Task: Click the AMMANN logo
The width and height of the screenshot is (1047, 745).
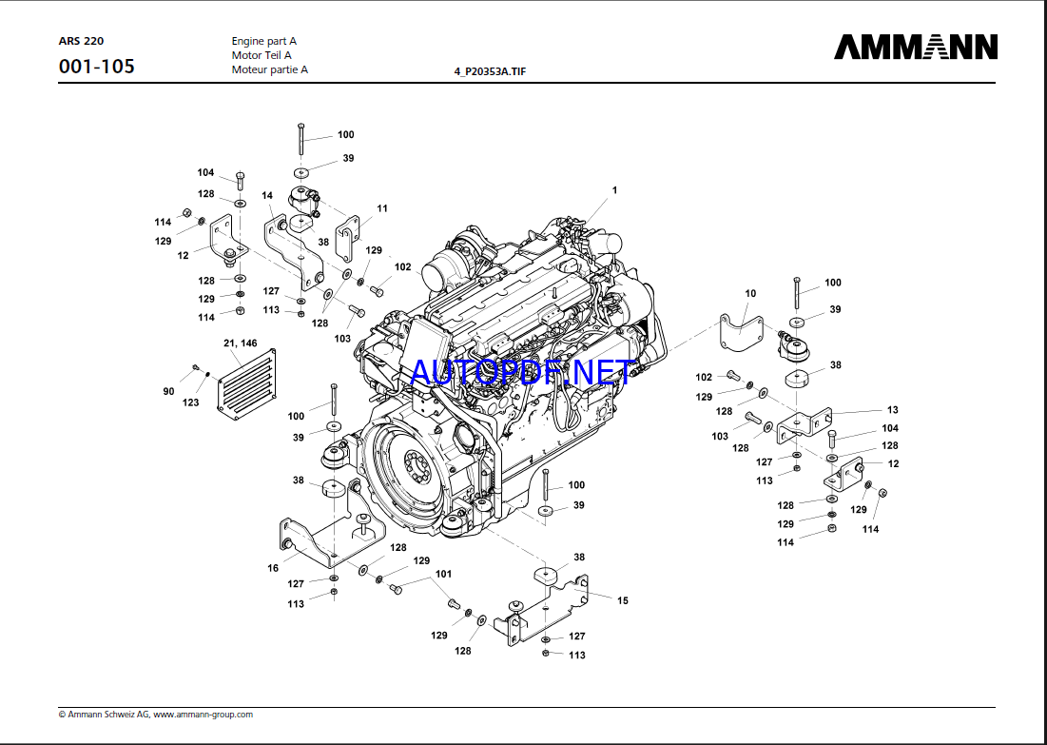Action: pos(916,47)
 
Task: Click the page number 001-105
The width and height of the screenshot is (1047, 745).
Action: pos(96,67)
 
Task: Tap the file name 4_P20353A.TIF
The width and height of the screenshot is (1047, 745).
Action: pos(490,72)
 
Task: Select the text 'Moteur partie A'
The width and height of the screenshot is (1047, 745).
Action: pos(269,69)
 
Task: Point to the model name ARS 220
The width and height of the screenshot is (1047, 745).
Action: pos(81,41)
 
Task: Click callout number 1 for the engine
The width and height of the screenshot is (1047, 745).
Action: pos(614,190)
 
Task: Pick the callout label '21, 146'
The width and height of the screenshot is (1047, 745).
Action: pos(240,343)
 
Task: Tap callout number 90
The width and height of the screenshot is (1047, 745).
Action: pos(168,391)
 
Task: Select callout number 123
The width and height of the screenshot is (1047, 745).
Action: pos(191,403)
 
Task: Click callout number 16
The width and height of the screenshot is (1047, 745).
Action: pos(273,568)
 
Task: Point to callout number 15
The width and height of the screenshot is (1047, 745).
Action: pos(623,600)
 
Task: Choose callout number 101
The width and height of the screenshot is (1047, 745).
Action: pos(443,574)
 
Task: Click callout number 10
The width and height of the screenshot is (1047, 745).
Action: pos(750,294)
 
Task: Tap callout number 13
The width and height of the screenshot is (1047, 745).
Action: pos(892,410)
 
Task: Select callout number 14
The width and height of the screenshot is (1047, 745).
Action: pos(267,195)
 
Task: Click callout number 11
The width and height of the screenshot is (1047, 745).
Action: pos(381,207)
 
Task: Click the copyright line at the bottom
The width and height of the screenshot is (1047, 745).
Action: pos(156,714)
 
